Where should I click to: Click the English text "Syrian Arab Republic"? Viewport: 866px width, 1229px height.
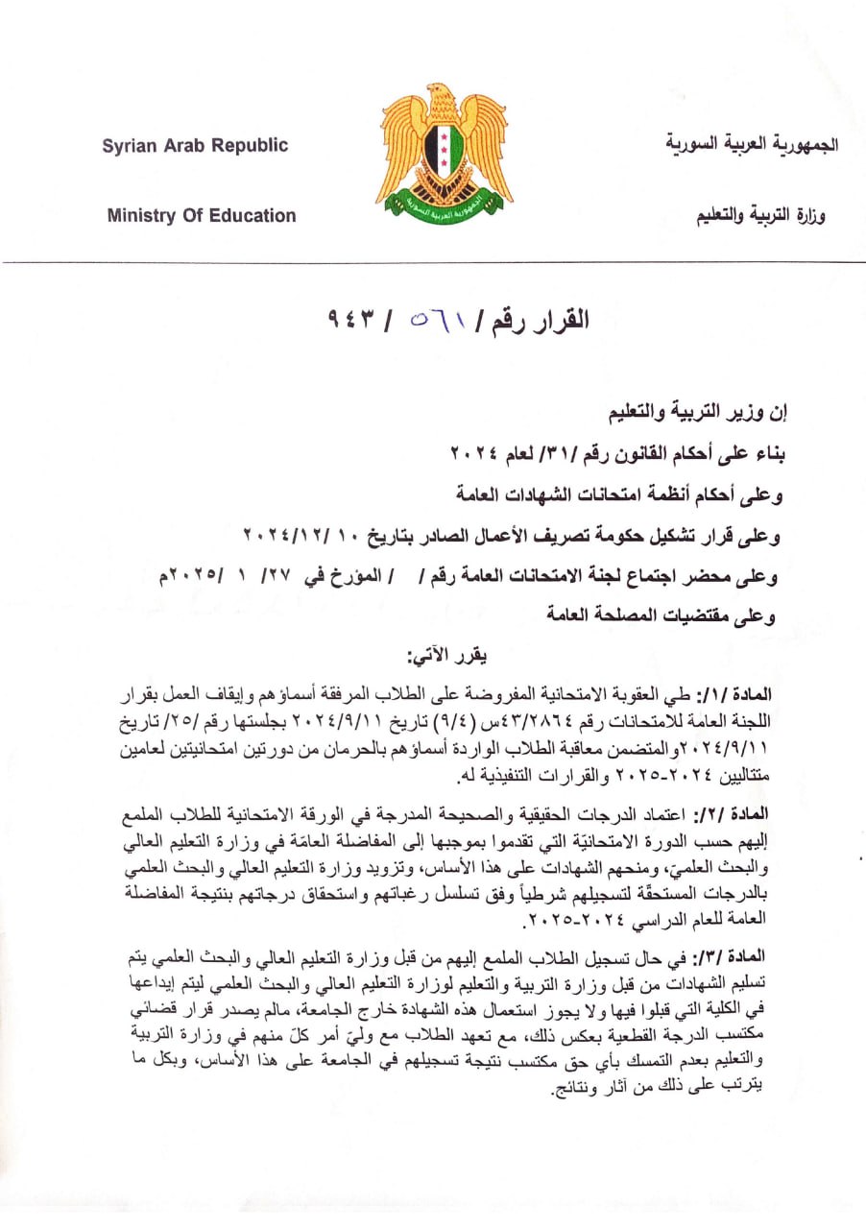(195, 146)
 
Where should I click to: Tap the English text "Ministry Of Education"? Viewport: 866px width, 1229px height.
(202, 215)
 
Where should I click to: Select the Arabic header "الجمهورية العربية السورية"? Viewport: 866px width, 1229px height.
(752, 145)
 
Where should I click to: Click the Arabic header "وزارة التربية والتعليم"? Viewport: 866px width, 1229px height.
(761, 216)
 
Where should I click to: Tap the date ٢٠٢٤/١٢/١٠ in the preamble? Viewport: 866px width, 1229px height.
(299, 532)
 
